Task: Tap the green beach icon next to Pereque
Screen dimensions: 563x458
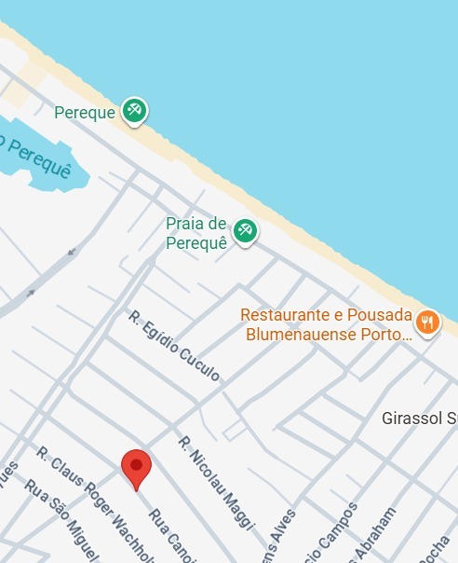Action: point(135,111)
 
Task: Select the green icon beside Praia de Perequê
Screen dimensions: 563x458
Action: point(245,229)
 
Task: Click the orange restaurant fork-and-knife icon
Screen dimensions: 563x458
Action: point(427,323)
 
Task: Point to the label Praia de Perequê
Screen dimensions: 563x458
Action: point(196,233)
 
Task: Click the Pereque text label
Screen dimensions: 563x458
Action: point(85,113)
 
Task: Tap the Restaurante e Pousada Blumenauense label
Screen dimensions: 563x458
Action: point(326,324)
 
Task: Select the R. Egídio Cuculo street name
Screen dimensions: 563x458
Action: point(174,346)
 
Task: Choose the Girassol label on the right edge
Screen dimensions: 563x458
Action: point(419,418)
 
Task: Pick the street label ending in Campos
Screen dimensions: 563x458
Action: point(335,533)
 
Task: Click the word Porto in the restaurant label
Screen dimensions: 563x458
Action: point(384,334)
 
